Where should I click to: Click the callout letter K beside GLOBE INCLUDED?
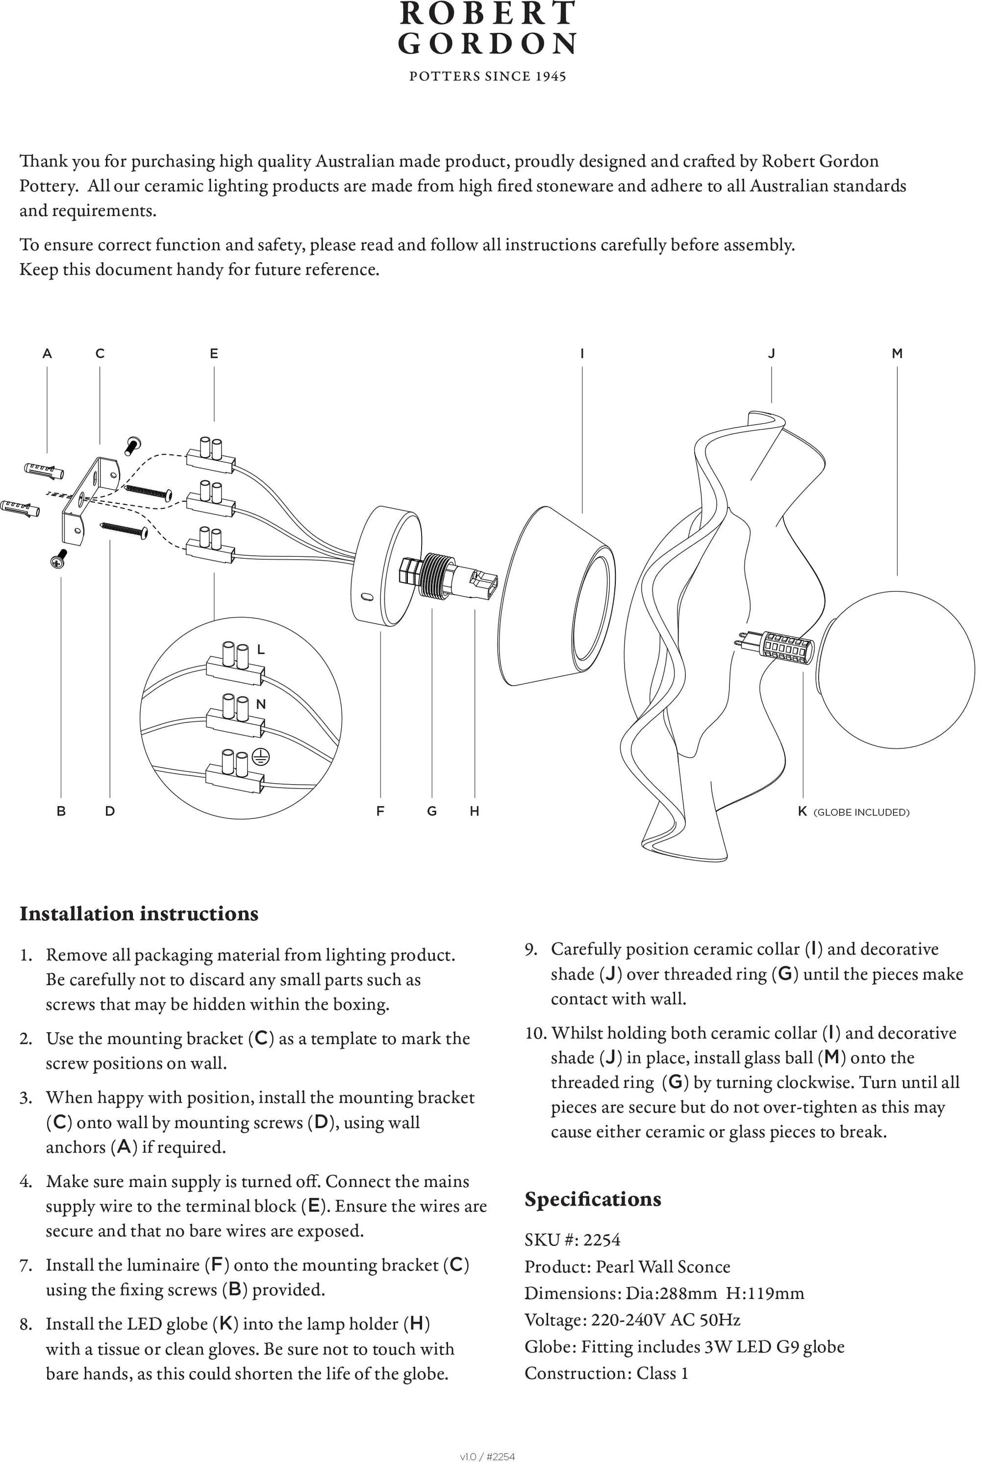pos(802,812)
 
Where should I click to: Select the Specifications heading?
pos(593,1199)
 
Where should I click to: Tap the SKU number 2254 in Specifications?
pos(602,1240)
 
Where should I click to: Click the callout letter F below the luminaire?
pos(380,812)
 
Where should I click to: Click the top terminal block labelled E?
pos(211,458)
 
